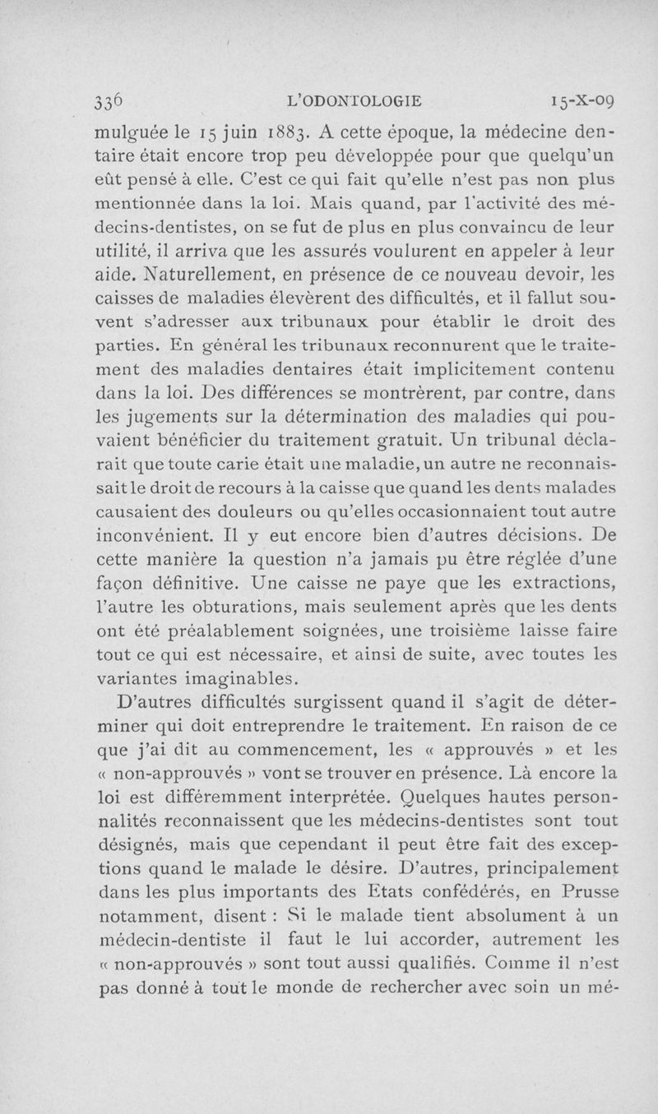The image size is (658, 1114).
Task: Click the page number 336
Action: click(x=109, y=101)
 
